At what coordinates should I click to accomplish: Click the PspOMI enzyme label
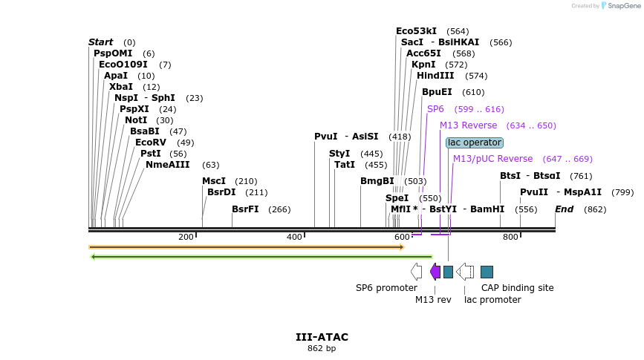click(x=113, y=53)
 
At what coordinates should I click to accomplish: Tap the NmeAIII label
click(x=168, y=165)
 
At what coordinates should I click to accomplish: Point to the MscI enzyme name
click(x=214, y=181)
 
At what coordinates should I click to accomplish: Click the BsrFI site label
click(x=245, y=209)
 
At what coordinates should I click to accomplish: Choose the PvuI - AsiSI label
click(x=346, y=137)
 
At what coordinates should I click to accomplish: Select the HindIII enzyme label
click(x=435, y=76)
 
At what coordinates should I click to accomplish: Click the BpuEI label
click(x=437, y=92)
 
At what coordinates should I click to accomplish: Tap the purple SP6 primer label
click(x=435, y=109)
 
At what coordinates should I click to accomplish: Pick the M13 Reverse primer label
click(x=468, y=125)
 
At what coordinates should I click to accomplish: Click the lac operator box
click(x=474, y=143)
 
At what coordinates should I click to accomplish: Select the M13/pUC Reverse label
click(x=492, y=159)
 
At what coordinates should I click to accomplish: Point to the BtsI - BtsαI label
click(x=530, y=176)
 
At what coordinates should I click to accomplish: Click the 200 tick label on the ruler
click(x=186, y=237)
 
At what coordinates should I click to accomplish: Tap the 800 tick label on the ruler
click(x=510, y=237)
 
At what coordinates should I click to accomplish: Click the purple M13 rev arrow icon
click(x=435, y=272)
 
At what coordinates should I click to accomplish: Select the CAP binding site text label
click(x=517, y=288)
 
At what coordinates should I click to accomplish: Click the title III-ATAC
click(x=322, y=337)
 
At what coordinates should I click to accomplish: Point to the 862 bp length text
click(x=322, y=348)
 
